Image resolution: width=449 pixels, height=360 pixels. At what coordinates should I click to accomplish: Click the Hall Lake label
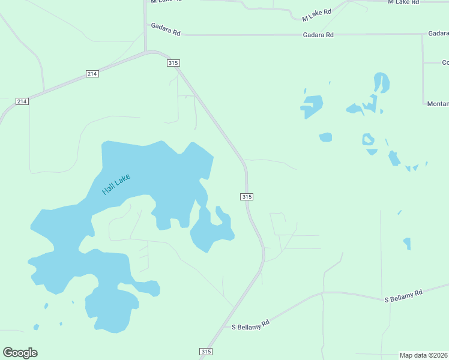tap(116, 184)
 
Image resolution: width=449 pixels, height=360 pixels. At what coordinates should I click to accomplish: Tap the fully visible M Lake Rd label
tap(318, 12)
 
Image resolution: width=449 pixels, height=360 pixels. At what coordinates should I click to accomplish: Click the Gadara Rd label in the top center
tap(318, 35)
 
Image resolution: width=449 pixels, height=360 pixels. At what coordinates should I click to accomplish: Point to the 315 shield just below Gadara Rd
tap(173, 63)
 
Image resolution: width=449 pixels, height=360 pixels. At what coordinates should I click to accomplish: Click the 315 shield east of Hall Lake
tap(247, 197)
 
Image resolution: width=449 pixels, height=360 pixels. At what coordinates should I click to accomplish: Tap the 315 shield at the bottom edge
tap(206, 352)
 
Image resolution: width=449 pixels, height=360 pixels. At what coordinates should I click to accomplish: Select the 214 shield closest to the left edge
tap(22, 101)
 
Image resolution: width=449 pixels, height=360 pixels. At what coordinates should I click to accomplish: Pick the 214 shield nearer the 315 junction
tap(92, 74)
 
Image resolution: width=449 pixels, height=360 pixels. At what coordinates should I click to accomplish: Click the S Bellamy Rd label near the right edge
tap(403, 295)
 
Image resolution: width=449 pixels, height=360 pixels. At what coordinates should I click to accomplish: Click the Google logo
tap(20, 353)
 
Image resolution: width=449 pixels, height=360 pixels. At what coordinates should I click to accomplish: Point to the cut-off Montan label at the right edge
tap(438, 104)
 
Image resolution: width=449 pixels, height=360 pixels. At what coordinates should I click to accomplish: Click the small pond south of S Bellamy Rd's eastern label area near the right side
tap(407, 243)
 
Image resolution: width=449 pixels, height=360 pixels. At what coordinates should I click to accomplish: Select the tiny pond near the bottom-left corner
tap(36, 327)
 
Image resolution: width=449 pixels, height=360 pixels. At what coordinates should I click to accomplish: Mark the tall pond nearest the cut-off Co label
tap(381, 82)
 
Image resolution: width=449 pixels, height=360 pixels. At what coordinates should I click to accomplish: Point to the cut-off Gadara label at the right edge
tap(438, 34)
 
